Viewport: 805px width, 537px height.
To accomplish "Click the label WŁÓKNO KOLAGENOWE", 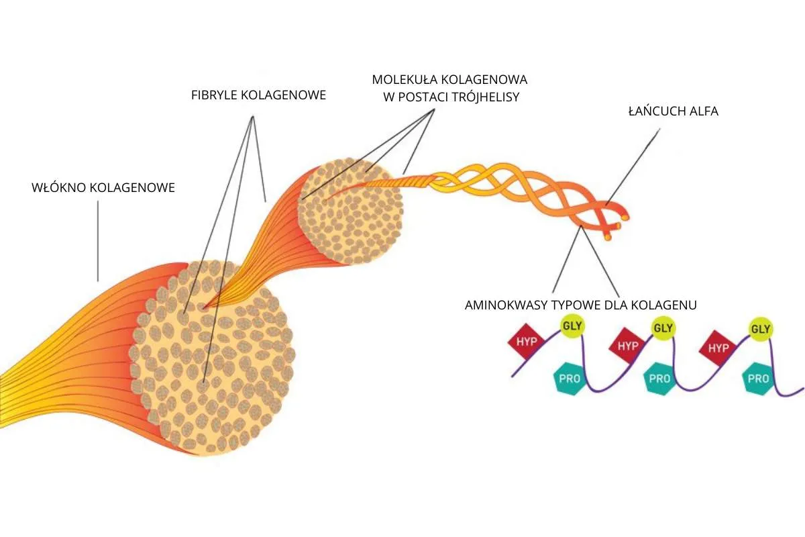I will pos(103,187).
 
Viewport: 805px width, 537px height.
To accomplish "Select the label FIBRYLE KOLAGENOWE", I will pos(258,95).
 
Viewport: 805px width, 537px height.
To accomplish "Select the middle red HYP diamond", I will pos(627,346).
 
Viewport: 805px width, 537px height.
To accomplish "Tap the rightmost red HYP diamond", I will pos(718,348).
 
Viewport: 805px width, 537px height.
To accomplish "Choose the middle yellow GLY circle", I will pos(663,328).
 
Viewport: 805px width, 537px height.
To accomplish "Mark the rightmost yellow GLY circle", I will pos(760,329).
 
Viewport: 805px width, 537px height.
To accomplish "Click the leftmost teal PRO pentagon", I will pos(568,378).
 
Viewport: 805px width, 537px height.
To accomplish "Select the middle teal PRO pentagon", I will pos(659,378).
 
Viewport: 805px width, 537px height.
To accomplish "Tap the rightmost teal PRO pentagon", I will pos(758,378).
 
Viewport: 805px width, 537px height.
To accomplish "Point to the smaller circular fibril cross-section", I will pos(350,211).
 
